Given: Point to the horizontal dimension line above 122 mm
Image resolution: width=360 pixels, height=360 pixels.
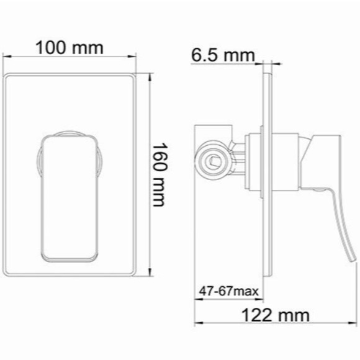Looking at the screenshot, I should coord(273,325).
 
